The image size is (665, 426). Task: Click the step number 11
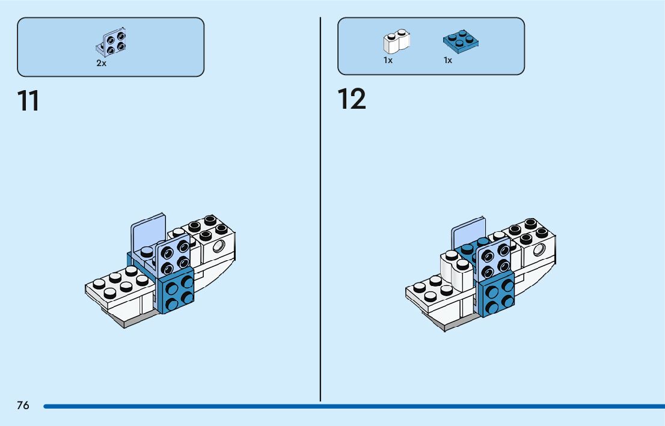click(28, 101)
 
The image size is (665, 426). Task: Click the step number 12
click(351, 99)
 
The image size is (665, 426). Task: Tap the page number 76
click(23, 406)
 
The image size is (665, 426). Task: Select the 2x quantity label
click(101, 63)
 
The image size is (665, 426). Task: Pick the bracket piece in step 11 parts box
click(112, 41)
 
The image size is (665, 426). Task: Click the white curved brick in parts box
click(396, 41)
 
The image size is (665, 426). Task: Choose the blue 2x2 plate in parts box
click(461, 41)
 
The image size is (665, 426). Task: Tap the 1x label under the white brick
click(388, 60)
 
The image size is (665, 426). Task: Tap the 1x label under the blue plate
click(448, 60)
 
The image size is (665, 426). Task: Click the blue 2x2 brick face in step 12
click(498, 294)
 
